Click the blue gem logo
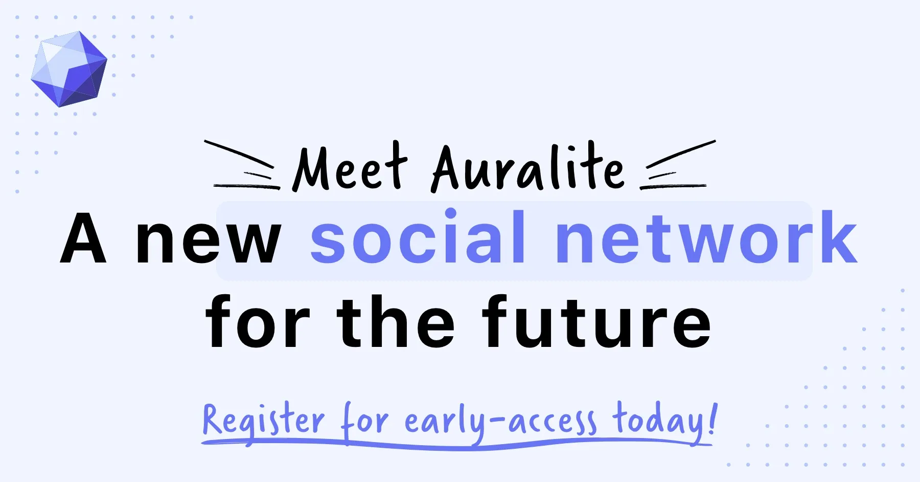(x=69, y=69)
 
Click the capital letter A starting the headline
(x=83, y=238)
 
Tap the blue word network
(x=705, y=237)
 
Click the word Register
(x=263, y=421)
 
